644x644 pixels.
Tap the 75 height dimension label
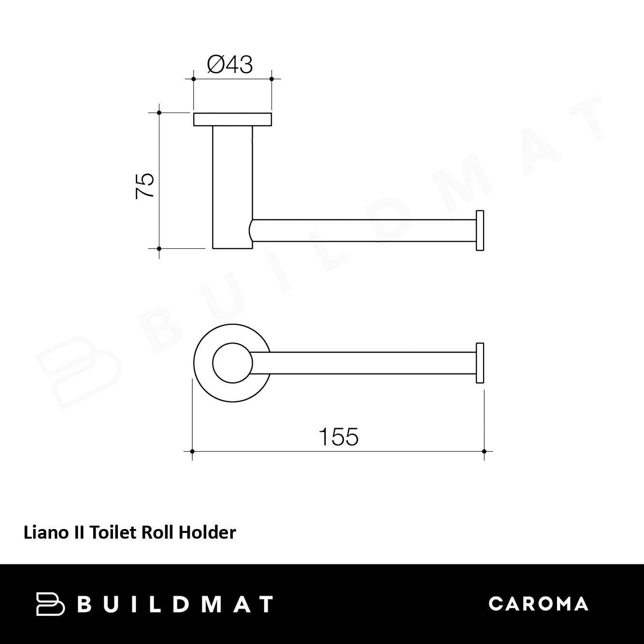tap(145, 186)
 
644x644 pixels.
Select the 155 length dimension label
tap(339, 436)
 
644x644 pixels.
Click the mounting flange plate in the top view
tap(232, 120)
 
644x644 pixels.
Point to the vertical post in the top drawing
tap(232, 187)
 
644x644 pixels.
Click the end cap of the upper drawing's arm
tap(480, 230)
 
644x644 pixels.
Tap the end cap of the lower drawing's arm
tap(480, 363)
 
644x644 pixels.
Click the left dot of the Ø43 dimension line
tap(193, 79)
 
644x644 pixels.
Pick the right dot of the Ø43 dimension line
tap(272, 79)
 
